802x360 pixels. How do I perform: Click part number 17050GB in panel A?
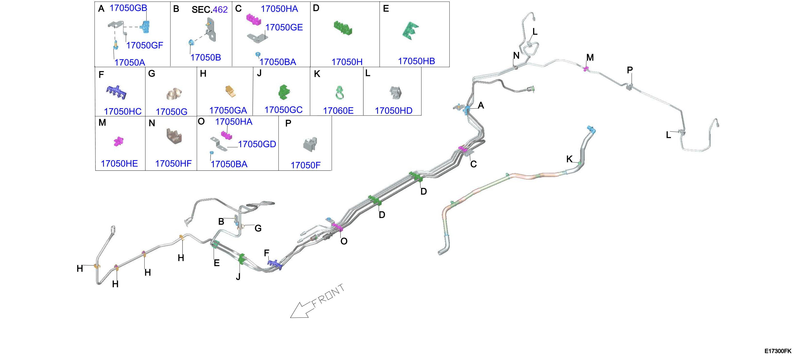(x=128, y=8)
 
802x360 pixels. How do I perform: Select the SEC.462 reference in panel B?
(x=209, y=10)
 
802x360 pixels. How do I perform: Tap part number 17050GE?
(x=284, y=27)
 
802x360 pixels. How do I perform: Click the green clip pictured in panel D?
(x=343, y=28)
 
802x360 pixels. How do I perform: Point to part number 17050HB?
(x=416, y=61)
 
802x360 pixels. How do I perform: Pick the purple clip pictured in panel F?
(x=116, y=92)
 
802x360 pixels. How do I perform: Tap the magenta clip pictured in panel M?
(x=118, y=142)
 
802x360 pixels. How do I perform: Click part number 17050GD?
(x=257, y=144)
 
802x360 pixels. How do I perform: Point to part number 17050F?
(x=305, y=165)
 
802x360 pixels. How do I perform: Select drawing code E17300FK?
(x=778, y=351)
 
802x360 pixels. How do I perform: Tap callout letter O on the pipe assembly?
(x=344, y=241)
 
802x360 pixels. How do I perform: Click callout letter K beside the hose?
(x=569, y=159)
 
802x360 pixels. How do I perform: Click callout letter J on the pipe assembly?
(x=238, y=276)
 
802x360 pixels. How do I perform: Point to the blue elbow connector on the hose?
(x=591, y=130)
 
